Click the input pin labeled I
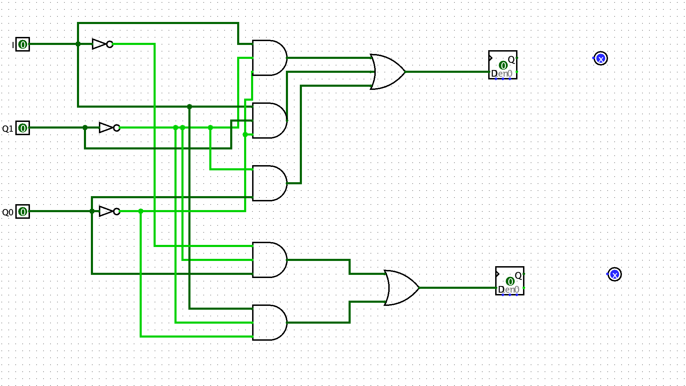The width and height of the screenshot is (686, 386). point(23,44)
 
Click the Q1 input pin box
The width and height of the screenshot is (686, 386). point(23,128)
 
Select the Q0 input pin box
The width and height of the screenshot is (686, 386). point(23,211)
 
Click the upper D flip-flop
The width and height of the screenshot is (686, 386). point(503,65)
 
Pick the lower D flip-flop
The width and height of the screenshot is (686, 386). point(510,281)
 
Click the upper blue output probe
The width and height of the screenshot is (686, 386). point(601,58)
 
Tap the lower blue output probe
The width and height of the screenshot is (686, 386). point(615,274)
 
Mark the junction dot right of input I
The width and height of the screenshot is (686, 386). point(78,44)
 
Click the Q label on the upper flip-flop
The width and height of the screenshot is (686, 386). point(511,59)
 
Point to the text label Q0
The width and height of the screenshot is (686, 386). point(8,212)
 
